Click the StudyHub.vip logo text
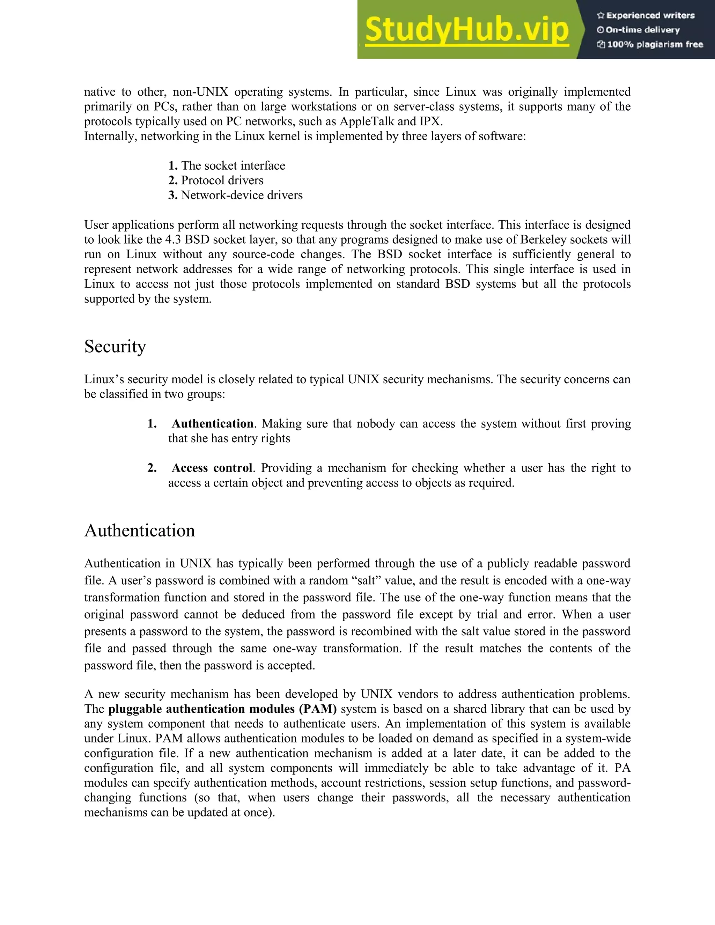(466, 30)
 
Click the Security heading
(115, 347)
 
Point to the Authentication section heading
(139, 531)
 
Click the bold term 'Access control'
(212, 468)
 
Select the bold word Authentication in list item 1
(212, 423)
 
